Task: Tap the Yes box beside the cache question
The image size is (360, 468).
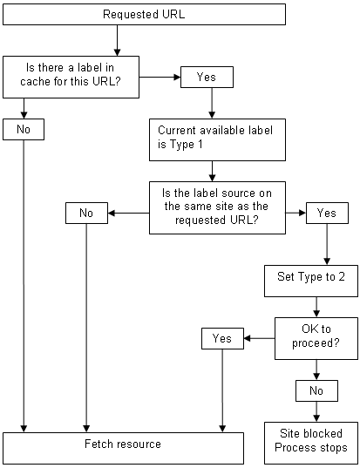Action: pyautogui.click(x=206, y=78)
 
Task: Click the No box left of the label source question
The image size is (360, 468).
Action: pyautogui.click(x=86, y=213)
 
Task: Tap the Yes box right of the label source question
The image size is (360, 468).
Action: pyautogui.click(x=326, y=213)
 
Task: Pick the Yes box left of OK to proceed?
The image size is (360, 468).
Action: pyautogui.click(x=222, y=337)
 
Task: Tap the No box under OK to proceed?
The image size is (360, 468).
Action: pyautogui.click(x=316, y=392)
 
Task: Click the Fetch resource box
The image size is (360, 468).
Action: pyautogui.click(x=123, y=444)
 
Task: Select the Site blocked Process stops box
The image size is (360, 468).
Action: pyautogui.click(x=310, y=441)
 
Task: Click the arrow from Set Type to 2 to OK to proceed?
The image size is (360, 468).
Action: pyautogui.click(x=316, y=307)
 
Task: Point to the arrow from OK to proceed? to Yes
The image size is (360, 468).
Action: pyautogui.click(x=259, y=338)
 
